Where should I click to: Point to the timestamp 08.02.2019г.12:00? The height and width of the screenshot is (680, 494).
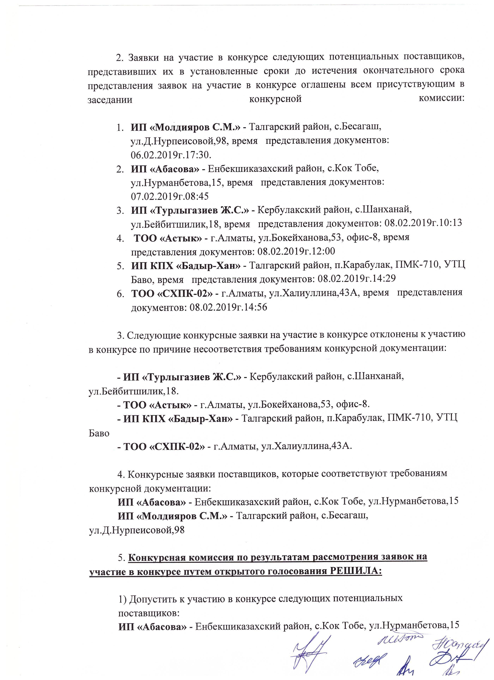click(296, 251)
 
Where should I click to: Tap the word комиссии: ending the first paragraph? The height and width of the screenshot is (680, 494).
click(442, 99)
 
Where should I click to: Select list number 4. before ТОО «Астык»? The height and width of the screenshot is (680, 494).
click(120, 238)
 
